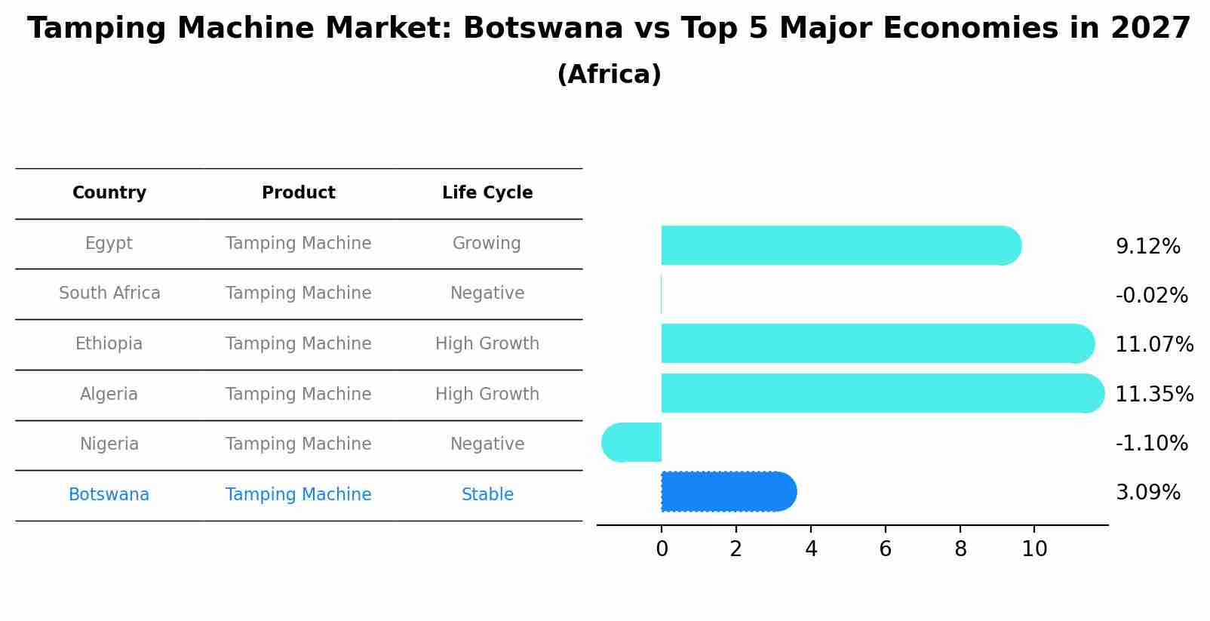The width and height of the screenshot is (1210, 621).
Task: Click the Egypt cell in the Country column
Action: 109,243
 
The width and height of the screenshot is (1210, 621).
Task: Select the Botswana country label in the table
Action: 109,494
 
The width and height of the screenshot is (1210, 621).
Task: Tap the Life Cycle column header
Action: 487,192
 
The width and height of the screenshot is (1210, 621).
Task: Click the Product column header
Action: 298,192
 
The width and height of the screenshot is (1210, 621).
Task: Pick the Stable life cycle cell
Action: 487,494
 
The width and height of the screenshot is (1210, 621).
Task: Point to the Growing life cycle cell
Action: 487,243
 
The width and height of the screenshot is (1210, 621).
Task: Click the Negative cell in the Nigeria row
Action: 487,444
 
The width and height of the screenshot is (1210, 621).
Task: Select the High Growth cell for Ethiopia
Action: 487,343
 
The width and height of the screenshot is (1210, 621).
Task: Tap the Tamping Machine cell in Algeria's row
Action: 298,394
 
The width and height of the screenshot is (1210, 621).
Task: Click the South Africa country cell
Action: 109,293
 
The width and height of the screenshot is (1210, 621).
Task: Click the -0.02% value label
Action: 1151,295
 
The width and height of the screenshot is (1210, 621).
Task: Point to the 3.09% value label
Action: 1147,493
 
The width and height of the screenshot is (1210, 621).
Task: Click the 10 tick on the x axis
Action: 1034,549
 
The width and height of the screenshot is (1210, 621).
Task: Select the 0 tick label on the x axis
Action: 662,549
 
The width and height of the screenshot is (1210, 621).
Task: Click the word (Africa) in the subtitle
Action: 609,75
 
